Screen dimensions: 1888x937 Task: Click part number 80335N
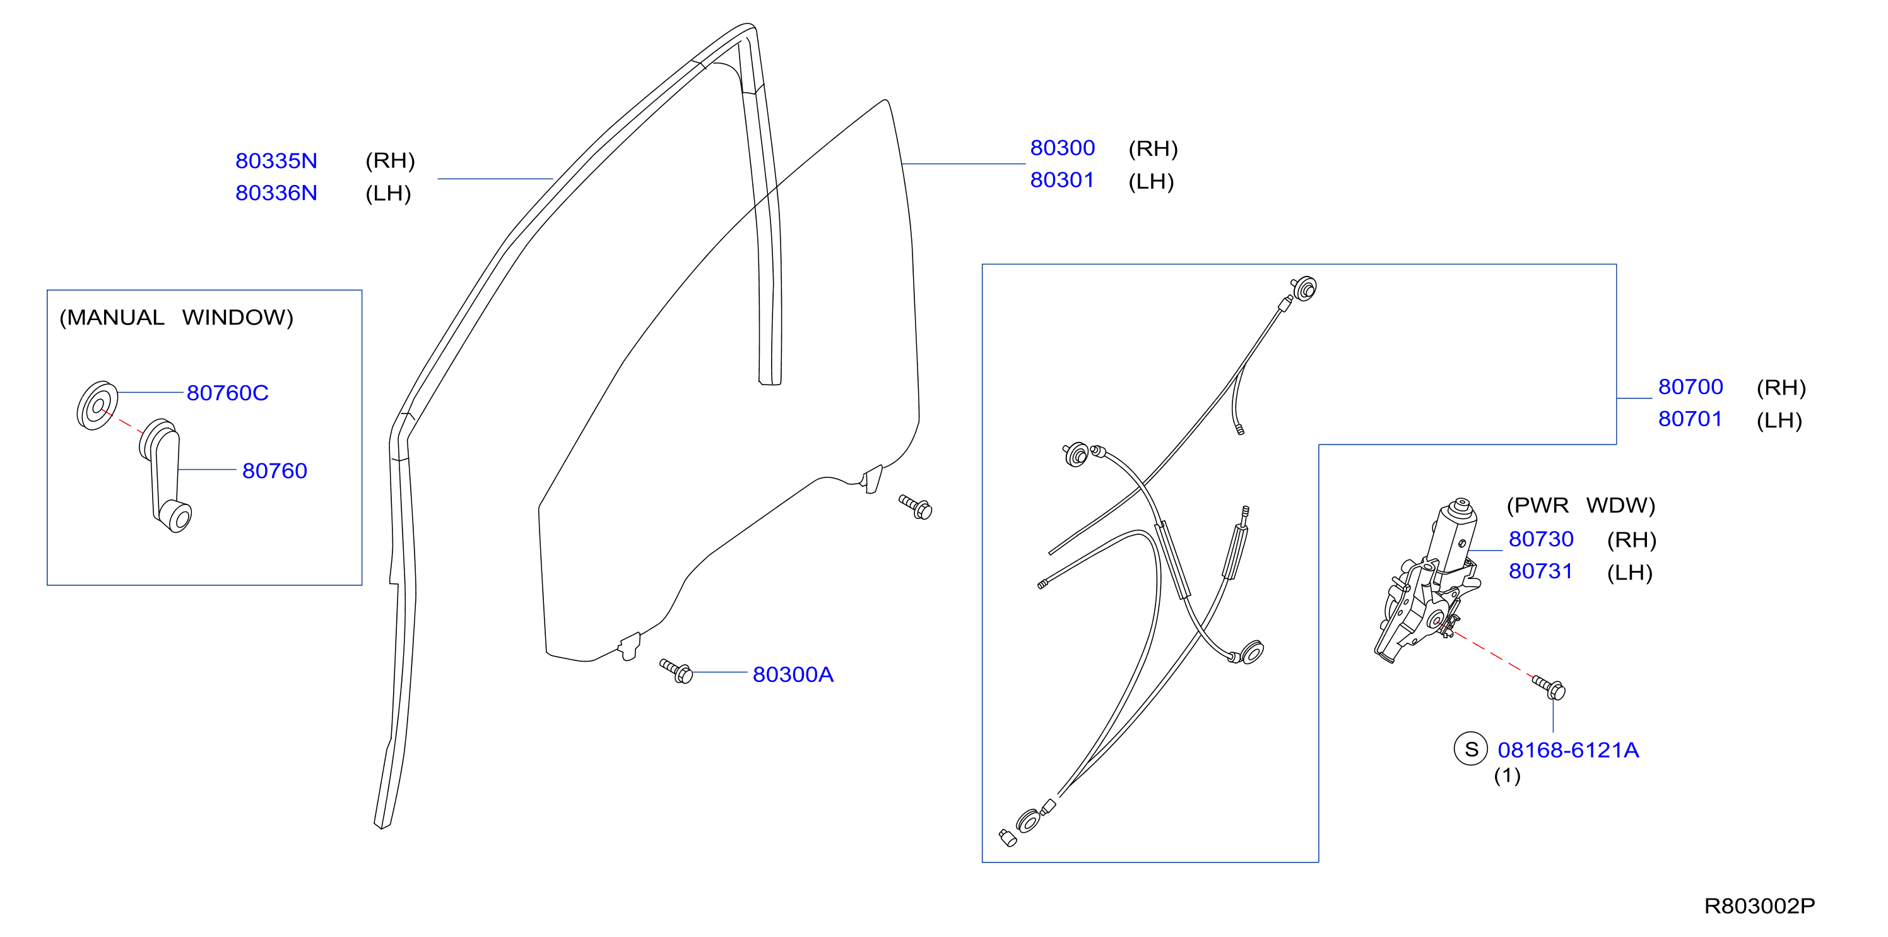[276, 160]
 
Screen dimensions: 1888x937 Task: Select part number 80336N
[276, 193]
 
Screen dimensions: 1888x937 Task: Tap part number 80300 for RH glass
[1062, 148]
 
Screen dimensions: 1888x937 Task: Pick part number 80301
[1062, 181]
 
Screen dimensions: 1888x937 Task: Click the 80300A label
[793, 674]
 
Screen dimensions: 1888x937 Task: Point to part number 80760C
[227, 393]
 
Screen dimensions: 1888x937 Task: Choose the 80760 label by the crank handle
[275, 470]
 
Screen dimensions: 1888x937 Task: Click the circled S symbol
[1471, 749]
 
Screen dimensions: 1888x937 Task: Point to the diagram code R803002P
[1760, 906]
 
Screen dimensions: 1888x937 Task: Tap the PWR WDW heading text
[1581, 506]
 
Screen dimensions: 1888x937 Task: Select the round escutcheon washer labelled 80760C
[97, 405]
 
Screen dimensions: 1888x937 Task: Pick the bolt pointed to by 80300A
[676, 671]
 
